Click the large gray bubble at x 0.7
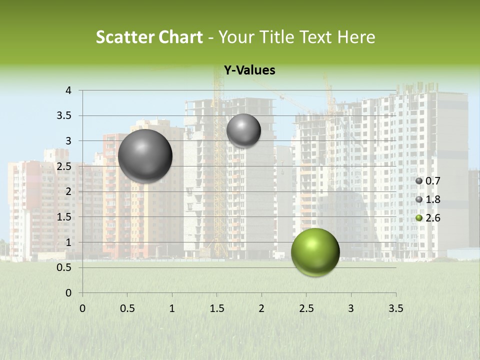click(145, 156)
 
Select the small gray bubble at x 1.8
click(243, 130)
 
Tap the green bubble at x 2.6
click(315, 252)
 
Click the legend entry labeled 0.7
click(430, 181)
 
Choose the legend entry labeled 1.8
click(430, 199)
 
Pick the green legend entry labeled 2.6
click(430, 218)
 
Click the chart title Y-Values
click(249, 70)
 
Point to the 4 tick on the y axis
click(68, 90)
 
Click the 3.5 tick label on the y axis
click(64, 116)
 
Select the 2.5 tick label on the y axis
click(64, 166)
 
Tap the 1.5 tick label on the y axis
click(64, 217)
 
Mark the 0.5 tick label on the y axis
click(64, 267)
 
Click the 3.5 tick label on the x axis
click(395, 308)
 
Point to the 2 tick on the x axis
click(261, 308)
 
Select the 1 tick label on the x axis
click(172, 308)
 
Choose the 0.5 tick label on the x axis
click(127, 308)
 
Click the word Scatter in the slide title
click(124, 37)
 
